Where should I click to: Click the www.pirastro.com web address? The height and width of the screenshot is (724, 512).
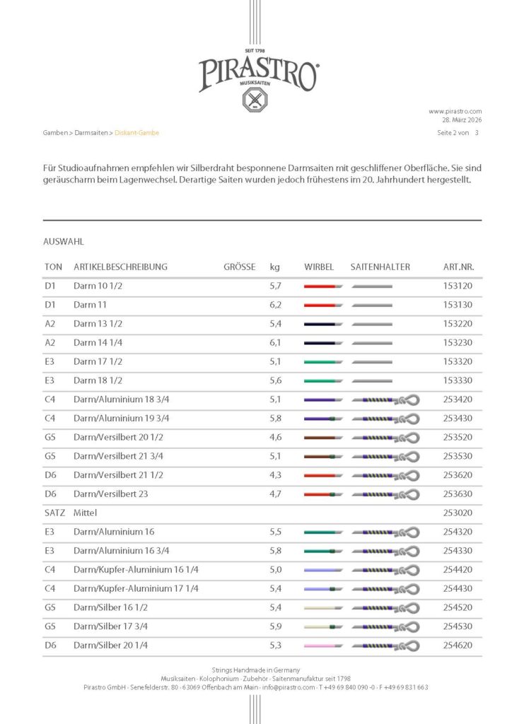click(455, 111)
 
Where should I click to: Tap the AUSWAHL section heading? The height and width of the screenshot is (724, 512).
click(64, 241)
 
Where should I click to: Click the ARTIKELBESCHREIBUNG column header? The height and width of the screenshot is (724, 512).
click(120, 267)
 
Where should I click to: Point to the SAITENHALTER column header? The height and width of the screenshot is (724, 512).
click(380, 267)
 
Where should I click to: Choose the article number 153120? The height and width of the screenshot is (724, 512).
click(458, 286)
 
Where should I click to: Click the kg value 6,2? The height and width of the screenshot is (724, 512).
click(276, 305)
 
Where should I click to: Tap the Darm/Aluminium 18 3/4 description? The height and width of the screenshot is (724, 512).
click(121, 399)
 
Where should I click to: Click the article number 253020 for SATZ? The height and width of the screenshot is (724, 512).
click(458, 513)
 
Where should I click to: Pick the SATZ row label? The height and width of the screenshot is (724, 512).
click(53, 513)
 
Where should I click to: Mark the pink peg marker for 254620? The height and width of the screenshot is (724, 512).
click(322, 646)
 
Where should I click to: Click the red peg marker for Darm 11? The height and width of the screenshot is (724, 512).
click(322, 305)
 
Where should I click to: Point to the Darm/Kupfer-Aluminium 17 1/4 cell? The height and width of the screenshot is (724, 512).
click(136, 588)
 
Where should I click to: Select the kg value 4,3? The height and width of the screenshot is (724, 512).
click(276, 475)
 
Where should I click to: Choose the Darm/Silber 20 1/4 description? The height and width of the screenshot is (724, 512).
click(110, 646)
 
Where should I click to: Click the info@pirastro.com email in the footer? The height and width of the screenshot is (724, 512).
click(281, 687)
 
